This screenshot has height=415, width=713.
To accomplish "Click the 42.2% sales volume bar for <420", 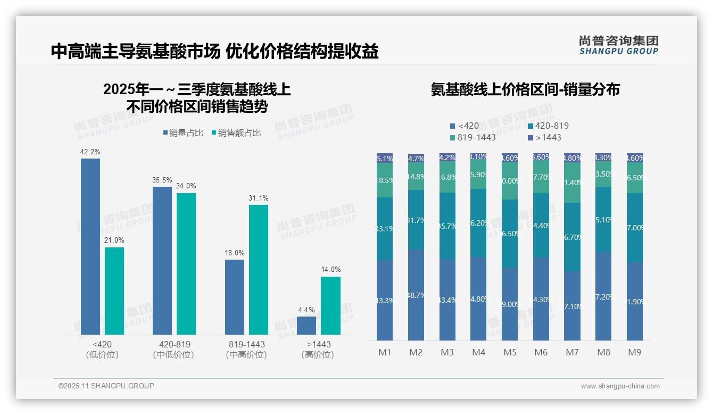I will click(90, 246).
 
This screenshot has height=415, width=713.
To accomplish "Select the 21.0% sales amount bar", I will click(114, 290).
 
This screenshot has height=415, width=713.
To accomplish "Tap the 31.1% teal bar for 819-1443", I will click(259, 269).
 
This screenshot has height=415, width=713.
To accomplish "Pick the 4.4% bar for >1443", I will click(306, 326).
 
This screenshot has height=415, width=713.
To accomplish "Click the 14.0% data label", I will click(330, 270).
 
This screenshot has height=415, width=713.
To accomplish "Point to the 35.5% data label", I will click(162, 180).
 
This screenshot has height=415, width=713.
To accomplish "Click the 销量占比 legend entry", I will click(183, 133).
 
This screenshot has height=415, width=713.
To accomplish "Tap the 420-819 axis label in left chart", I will click(174, 344).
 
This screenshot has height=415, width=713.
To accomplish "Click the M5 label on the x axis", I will click(510, 352).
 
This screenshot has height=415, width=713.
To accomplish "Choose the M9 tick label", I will click(634, 352).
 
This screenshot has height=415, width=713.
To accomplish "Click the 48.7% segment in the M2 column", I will click(416, 295).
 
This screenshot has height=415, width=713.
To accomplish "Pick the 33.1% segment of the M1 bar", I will click(385, 229).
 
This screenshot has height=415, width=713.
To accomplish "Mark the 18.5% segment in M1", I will click(385, 180).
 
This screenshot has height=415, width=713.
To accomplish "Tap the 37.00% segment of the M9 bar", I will click(634, 228).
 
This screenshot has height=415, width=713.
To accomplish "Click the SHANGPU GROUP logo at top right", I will click(618, 45).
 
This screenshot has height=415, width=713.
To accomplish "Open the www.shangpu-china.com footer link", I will click(620, 386).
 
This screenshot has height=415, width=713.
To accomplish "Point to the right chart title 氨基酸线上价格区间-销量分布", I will click(525, 89).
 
